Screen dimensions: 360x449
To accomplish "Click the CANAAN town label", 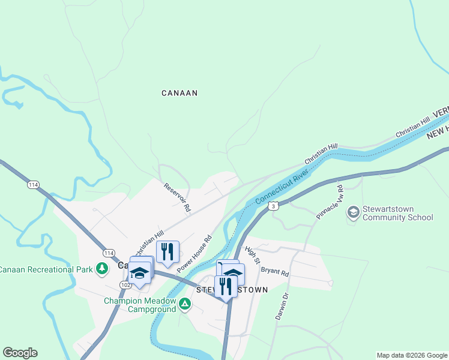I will pos(179,93).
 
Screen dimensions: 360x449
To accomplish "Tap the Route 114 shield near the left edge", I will pos(32,185).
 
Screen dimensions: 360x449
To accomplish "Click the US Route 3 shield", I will pos(273,206).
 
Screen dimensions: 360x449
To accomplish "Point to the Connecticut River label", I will pos(282,186).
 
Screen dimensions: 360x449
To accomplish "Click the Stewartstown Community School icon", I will pos(353,212).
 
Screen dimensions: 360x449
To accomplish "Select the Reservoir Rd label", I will pos(178,197).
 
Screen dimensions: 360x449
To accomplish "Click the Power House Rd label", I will pos(194,253).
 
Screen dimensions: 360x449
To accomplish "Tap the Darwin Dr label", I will pos(282,306).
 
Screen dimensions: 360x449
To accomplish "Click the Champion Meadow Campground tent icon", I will pos(186,305).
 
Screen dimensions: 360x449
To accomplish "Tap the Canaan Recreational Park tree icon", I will pos(103,268).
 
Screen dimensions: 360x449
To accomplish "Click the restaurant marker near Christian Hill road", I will pos(167,251).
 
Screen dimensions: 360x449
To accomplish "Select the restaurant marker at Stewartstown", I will pos(226,286).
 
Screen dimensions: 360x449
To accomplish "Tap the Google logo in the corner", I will pos(20,353).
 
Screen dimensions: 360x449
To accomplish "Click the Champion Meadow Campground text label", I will pos(140,305).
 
